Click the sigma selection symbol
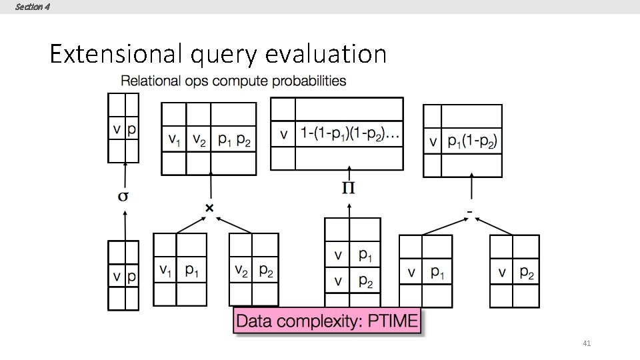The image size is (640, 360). pyautogui.click(x=123, y=197)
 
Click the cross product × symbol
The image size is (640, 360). pyautogui.click(x=209, y=208)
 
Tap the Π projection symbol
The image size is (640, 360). pyautogui.click(x=348, y=189)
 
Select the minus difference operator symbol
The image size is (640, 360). pyautogui.click(x=470, y=212)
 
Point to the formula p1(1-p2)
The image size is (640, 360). pyautogui.click(x=473, y=141)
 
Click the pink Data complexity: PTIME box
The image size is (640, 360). pyautogui.click(x=327, y=321)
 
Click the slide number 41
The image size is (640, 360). pyautogui.click(x=587, y=343)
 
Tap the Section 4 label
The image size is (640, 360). pyautogui.click(x=32, y=7)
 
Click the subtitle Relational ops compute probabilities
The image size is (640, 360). pyautogui.click(x=233, y=81)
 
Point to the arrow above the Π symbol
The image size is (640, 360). pyautogui.click(x=348, y=173)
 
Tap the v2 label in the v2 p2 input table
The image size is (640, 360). pyautogui.click(x=241, y=271)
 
